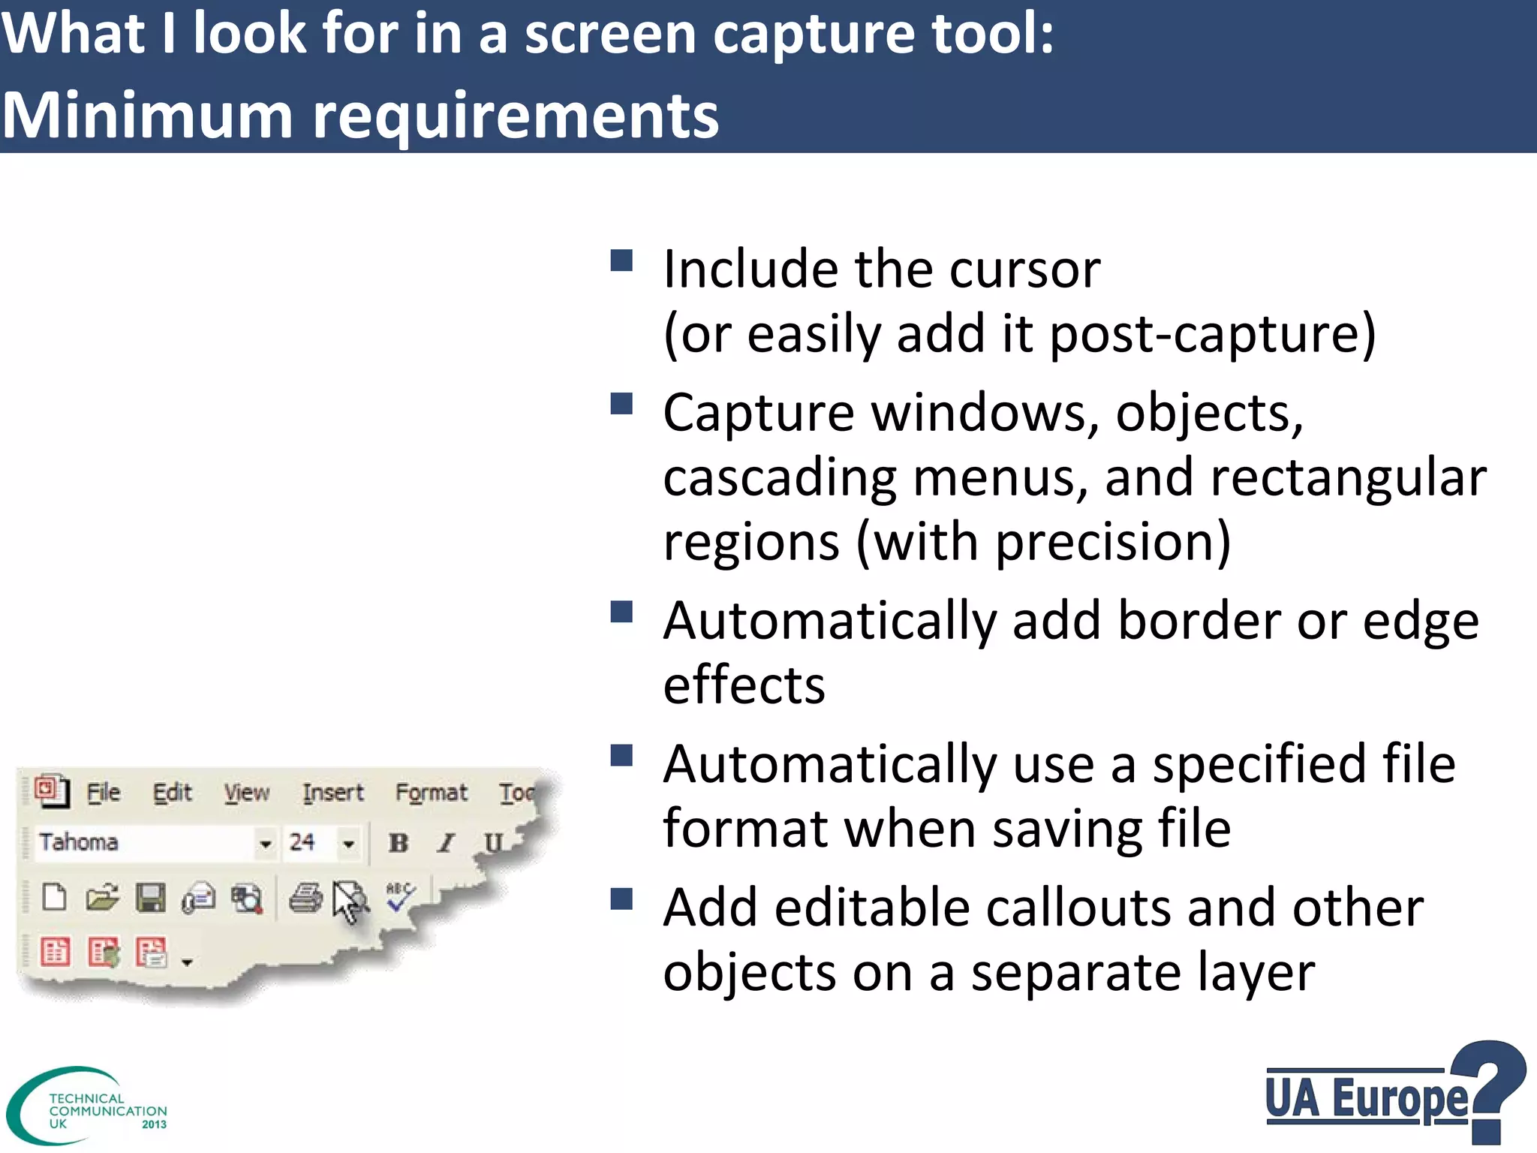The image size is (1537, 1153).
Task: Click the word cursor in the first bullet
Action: pos(1024,269)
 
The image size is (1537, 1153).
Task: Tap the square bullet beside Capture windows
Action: pos(621,405)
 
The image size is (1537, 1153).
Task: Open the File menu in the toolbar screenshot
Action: pos(104,793)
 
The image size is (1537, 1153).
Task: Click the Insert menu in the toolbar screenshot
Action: pos(332,793)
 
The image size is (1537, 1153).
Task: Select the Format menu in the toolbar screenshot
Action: pos(431,793)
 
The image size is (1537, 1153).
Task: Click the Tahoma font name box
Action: pos(143,842)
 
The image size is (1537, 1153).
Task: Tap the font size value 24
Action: pos(302,842)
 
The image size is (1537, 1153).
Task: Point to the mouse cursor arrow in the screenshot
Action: pos(346,901)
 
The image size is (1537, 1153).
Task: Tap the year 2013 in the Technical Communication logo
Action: pos(154,1124)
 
